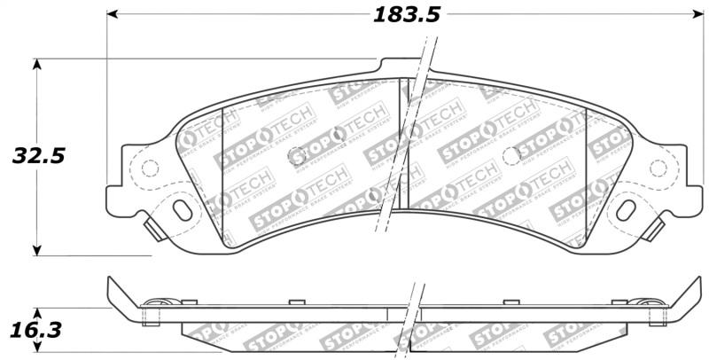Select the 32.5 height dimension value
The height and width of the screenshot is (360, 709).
click(x=38, y=157)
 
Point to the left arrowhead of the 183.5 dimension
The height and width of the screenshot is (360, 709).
click(x=113, y=15)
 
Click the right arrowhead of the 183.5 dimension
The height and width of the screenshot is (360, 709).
click(x=697, y=15)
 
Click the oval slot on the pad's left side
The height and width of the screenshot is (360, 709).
click(x=183, y=209)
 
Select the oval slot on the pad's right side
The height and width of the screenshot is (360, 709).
click(x=627, y=210)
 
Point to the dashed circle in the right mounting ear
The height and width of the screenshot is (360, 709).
click(x=658, y=168)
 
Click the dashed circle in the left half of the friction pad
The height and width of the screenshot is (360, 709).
click(x=296, y=155)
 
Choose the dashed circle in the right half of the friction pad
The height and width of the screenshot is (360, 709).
click(x=510, y=155)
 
